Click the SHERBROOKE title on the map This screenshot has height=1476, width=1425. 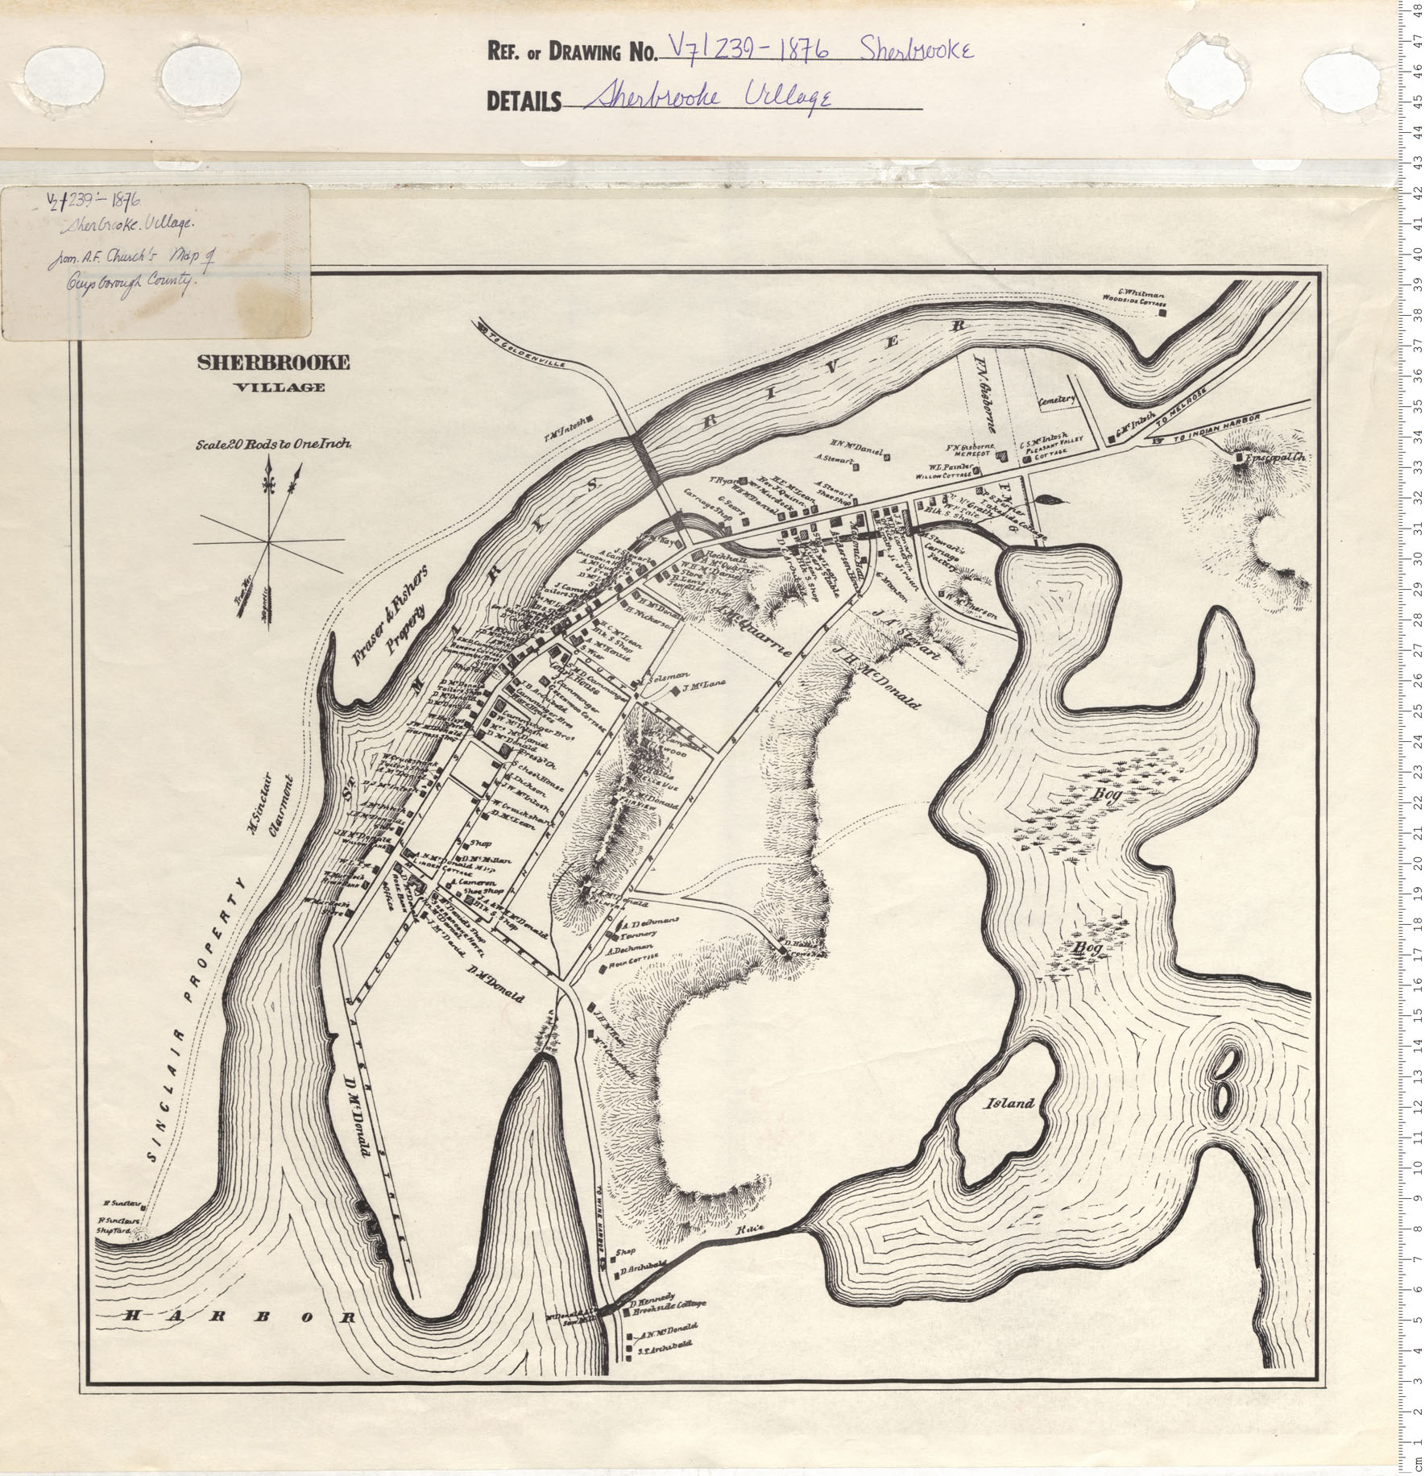[x=274, y=363]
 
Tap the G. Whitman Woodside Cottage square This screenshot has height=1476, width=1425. [x=1162, y=313]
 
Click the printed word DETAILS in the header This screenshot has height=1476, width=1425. [x=524, y=101]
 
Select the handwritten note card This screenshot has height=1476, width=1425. [x=156, y=260]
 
